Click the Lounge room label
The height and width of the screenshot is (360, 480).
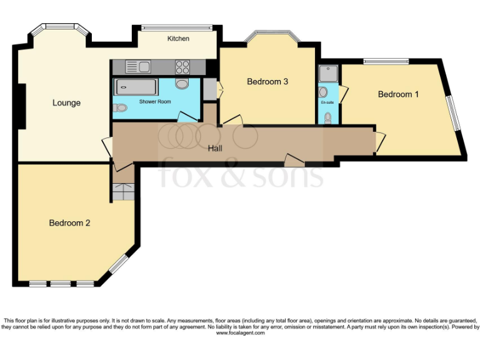coord(66,102)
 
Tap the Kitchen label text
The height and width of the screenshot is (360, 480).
coord(178,39)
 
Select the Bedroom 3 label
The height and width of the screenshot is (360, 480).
coord(267,81)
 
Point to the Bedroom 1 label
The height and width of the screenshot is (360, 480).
coord(398,94)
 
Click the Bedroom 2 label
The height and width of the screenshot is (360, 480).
coord(70,222)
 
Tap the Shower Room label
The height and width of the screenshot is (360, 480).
coord(155,102)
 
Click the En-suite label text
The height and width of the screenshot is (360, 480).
coord(327,102)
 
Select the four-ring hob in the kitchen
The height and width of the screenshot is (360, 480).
coord(182,67)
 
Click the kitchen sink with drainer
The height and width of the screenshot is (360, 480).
coord(137,66)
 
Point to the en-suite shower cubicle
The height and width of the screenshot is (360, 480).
coord(327,75)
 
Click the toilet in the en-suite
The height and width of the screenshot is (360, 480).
coord(328,117)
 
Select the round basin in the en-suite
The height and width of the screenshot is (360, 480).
coord(323,92)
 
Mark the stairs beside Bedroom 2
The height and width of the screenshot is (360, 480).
coord(124,192)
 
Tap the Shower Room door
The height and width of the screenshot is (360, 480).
coord(186,117)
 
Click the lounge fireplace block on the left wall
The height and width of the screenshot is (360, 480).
coord(21,105)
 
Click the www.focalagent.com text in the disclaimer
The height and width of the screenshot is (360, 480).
coord(240,333)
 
